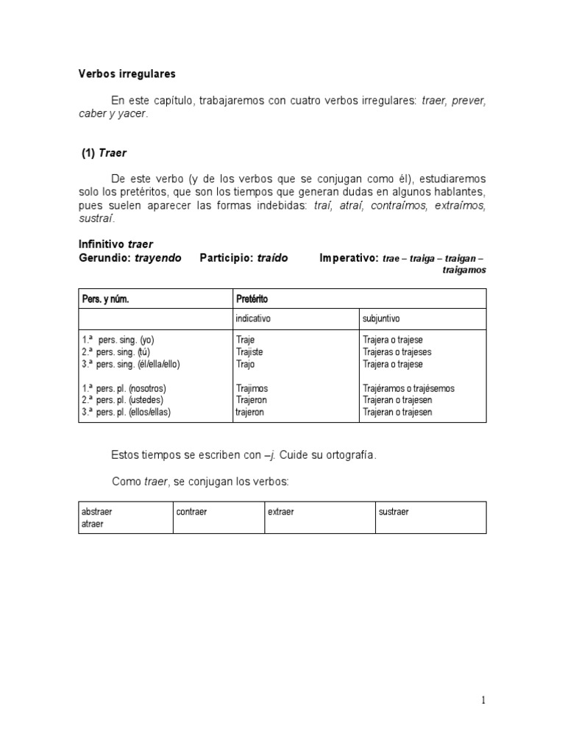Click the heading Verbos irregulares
pos(127,74)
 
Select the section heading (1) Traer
pos(104,154)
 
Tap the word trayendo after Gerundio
pos(158,258)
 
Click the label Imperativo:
pos(349,258)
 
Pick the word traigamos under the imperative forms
pos(464,271)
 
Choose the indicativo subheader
pos(253,319)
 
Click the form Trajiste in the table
pos(249,352)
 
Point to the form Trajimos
pos(252,388)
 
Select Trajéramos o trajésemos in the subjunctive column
pos(408,388)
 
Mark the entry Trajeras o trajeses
pos(397,352)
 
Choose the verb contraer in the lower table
pos(192,512)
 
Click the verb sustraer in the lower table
pos(394,512)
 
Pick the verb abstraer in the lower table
pos(97,512)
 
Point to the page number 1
pos(484,701)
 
